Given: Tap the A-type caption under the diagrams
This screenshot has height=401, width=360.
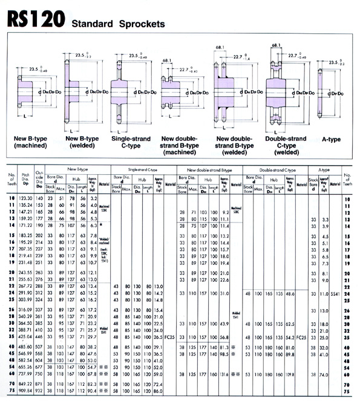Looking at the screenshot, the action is [x=330, y=139].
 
